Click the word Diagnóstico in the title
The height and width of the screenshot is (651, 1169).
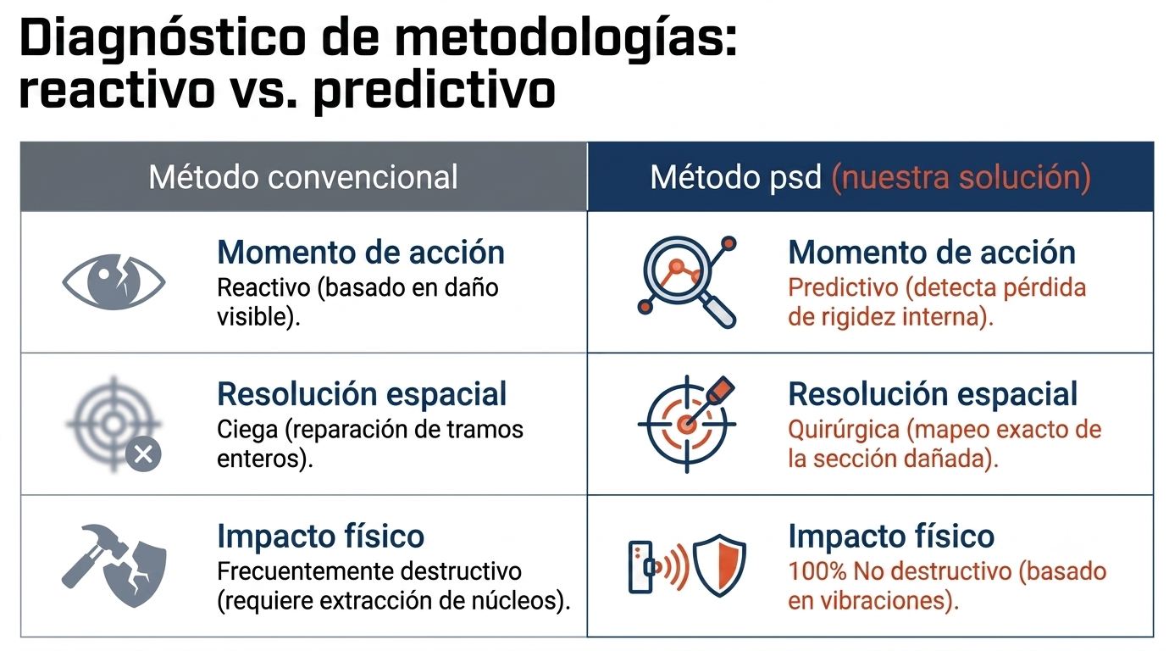(163, 40)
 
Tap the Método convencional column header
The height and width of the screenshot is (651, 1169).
(303, 177)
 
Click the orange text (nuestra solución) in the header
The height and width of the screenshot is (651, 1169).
(961, 177)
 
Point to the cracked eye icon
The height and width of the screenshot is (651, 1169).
(114, 282)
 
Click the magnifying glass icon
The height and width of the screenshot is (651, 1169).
(687, 282)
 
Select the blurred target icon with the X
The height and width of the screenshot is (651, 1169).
(114, 425)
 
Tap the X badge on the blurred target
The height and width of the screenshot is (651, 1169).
(143, 454)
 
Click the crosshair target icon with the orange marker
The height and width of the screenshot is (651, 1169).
(687, 424)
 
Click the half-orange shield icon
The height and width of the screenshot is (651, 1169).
(719, 565)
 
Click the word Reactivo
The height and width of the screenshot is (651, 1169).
(263, 287)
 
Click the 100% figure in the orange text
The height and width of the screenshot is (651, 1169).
(817, 571)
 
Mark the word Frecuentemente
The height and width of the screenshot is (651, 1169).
(301, 571)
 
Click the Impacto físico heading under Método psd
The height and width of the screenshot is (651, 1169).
(891, 537)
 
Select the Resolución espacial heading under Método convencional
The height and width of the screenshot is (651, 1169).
(362, 394)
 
